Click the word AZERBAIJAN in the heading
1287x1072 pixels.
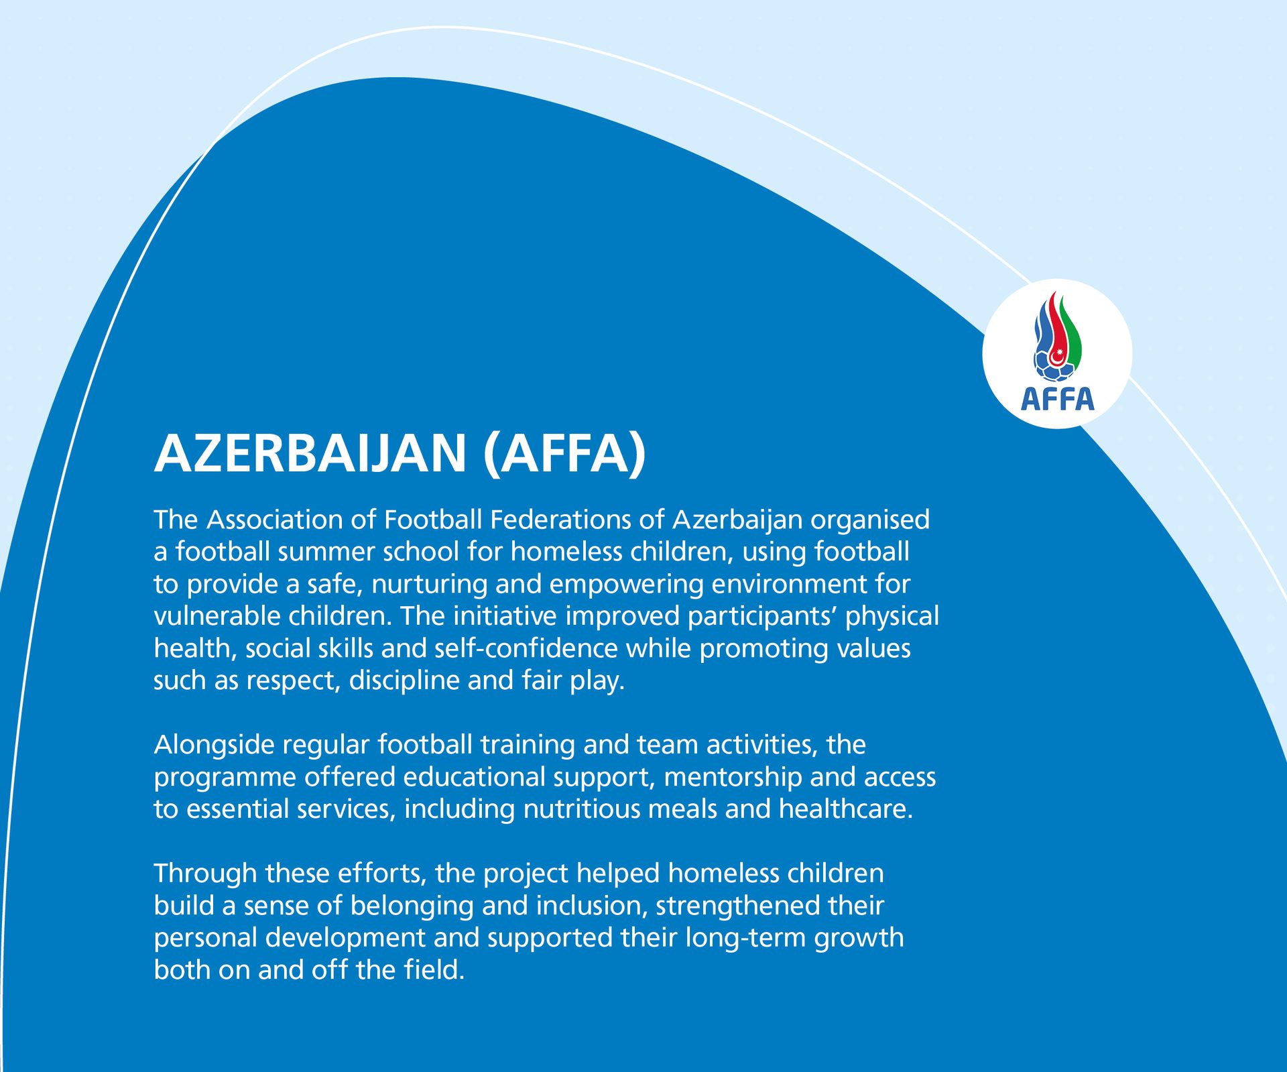coord(310,453)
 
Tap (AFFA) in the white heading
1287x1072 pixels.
coord(564,453)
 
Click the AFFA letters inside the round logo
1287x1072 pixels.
coord(1057,400)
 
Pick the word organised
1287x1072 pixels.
coord(870,520)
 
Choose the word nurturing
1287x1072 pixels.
coord(429,584)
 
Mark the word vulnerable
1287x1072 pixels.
coord(217,616)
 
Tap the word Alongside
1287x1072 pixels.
coord(214,745)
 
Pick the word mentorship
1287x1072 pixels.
coord(732,777)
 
